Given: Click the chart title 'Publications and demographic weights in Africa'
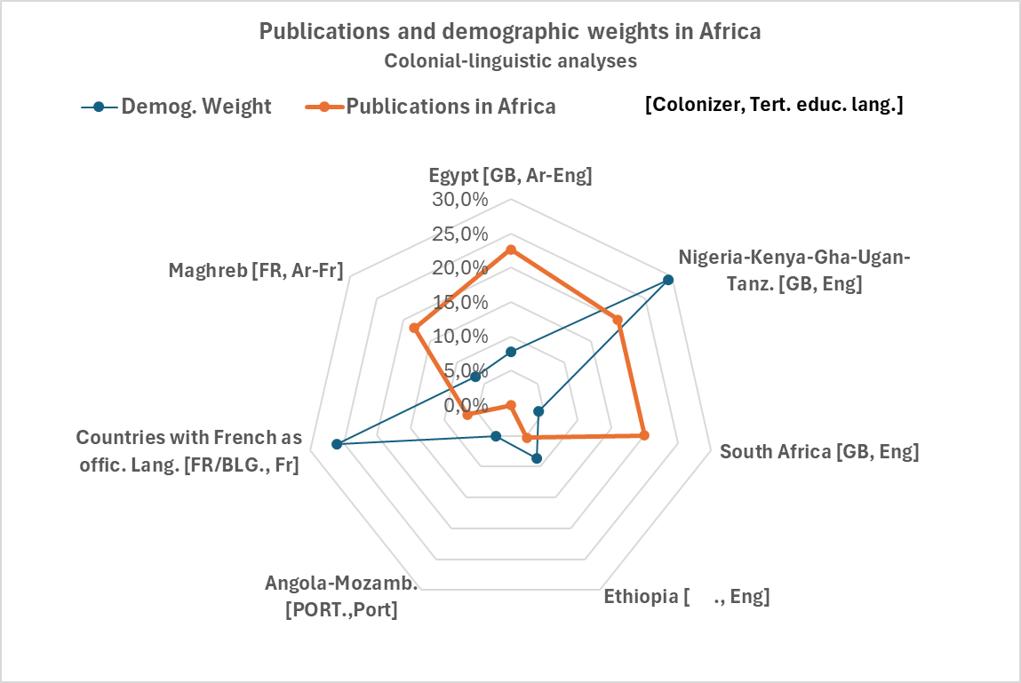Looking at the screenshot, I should click(510, 31).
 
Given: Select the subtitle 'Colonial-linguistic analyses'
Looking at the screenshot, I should click(510, 61).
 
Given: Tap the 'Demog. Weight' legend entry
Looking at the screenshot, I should click(195, 107).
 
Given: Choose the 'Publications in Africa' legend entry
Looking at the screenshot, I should click(451, 107).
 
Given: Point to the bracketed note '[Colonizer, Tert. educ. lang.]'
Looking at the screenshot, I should click(774, 105).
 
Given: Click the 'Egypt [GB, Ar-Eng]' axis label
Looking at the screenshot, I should click(510, 175).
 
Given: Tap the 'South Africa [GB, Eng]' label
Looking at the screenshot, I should click(818, 451).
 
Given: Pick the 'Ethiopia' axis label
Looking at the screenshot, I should click(686, 596).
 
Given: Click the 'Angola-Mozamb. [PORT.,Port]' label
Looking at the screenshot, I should click(341, 597).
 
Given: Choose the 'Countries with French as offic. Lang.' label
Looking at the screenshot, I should click(188, 450).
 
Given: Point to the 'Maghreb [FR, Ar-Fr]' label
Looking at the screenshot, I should click(256, 270).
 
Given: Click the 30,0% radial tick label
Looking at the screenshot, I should click(460, 199).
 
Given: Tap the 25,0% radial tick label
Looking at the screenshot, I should click(460, 234).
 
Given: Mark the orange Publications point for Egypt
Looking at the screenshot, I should click(510, 250).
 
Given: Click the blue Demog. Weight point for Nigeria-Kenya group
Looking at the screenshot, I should click(668, 280).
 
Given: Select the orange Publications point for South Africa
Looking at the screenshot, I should click(644, 435).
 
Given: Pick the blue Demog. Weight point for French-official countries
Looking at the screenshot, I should click(337, 444).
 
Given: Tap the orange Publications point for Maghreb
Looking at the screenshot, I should click(413, 328).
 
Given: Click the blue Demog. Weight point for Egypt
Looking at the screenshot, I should click(510, 352).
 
